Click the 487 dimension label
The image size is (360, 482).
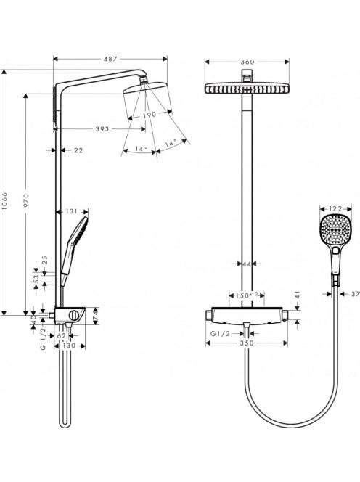pos(110,59)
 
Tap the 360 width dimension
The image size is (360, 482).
pos(247,62)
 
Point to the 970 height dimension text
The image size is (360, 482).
pos(26,200)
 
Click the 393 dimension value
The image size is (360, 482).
pos(102,128)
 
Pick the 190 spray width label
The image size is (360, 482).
pos(150,115)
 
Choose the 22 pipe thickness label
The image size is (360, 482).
pos(78,150)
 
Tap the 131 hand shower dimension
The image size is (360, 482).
pos(72,211)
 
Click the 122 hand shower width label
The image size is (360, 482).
pos(335,209)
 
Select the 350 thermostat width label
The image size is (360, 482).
pos(247,343)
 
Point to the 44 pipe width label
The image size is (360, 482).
pos(247,264)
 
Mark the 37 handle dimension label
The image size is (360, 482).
pos(356,294)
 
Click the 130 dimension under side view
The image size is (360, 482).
pos(69,346)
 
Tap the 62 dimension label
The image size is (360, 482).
pos(62,336)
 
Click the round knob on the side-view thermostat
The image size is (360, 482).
pos(74,316)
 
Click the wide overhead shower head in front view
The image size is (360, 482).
pos(247,89)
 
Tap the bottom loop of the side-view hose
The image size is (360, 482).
pos(65,424)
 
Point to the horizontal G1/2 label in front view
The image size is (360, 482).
pos(220,333)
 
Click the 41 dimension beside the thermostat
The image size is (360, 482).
pos(298,295)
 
